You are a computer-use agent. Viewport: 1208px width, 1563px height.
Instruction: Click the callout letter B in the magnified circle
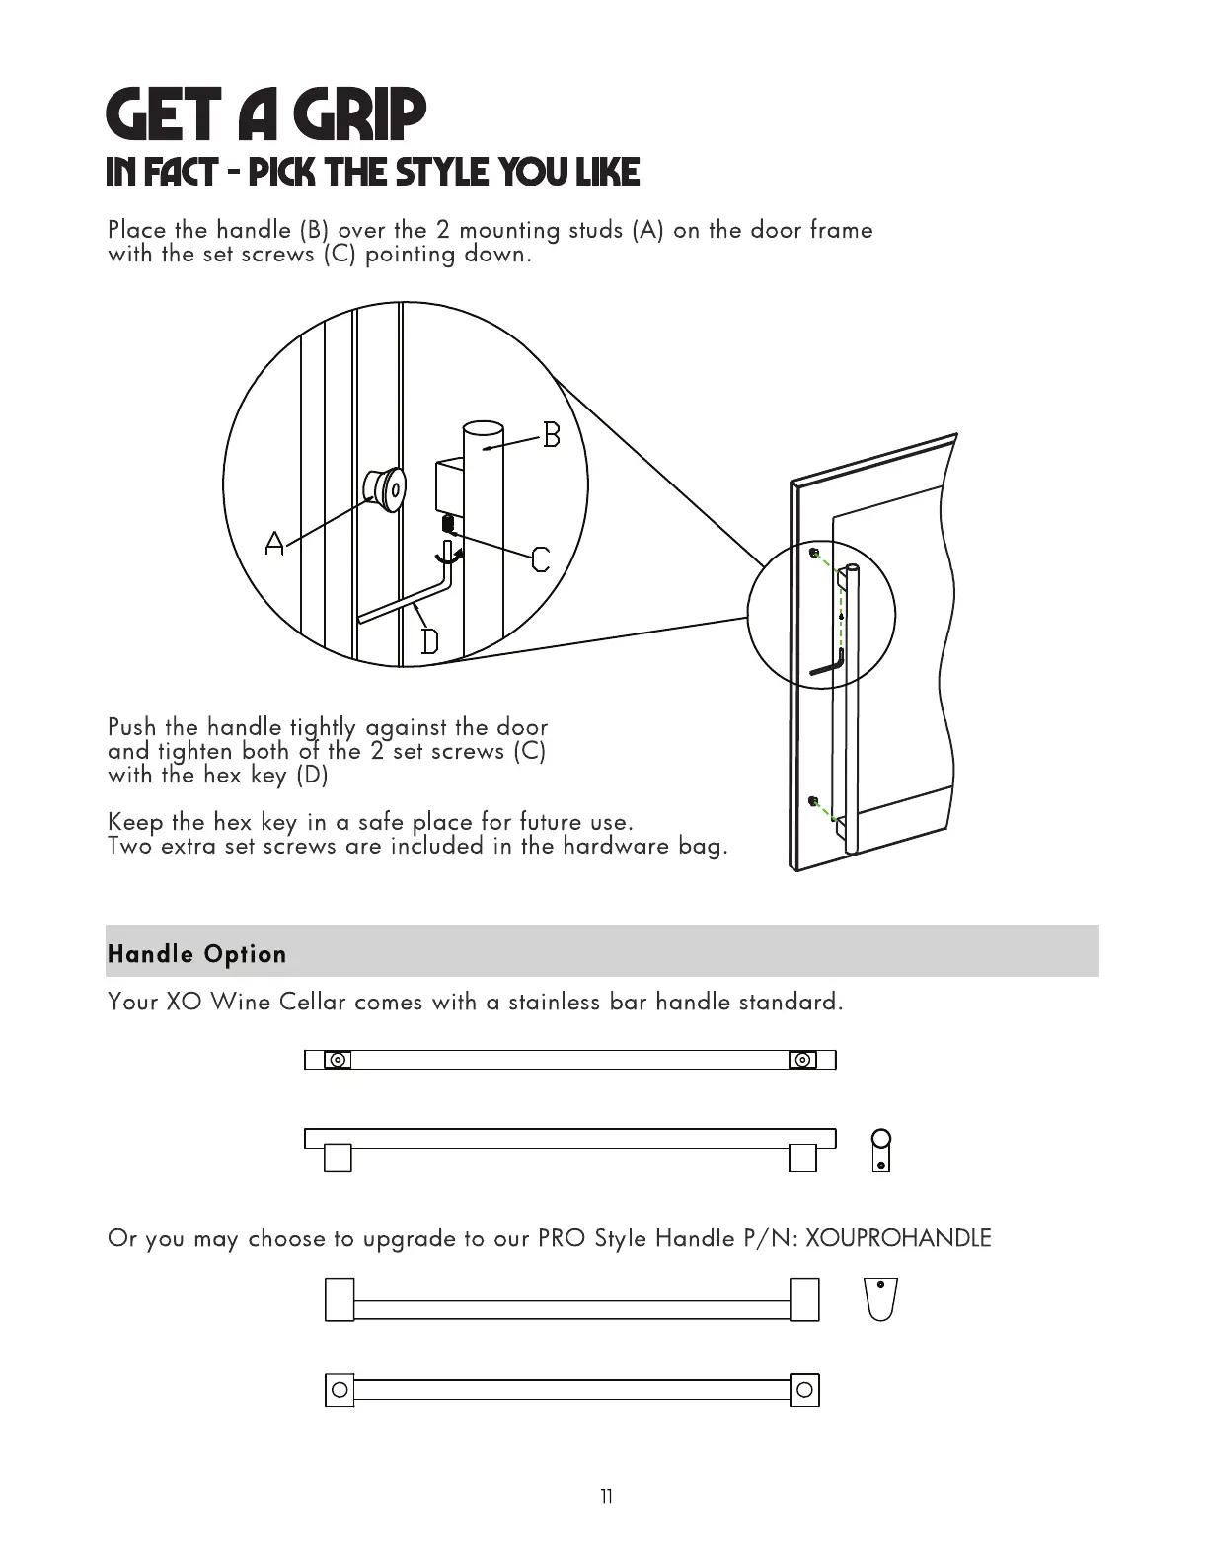pyautogui.click(x=552, y=434)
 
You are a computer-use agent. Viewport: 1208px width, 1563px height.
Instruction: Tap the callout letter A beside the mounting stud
pyautogui.click(x=274, y=543)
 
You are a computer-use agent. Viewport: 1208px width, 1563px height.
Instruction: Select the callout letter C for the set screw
pyautogui.click(x=540, y=560)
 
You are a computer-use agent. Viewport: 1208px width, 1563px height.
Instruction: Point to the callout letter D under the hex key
pyautogui.click(x=430, y=642)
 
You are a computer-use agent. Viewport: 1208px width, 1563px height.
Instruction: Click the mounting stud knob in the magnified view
pyautogui.click(x=384, y=488)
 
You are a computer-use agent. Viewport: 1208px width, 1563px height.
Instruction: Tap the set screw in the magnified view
pyautogui.click(x=447, y=521)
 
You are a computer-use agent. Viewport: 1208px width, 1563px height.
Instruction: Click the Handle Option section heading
pyautogui.click(x=197, y=954)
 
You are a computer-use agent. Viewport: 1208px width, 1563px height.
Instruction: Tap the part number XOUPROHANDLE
pyautogui.click(x=898, y=1238)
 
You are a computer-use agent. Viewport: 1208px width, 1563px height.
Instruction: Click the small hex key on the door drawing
pyautogui.click(x=827, y=665)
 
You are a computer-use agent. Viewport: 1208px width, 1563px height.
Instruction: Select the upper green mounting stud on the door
pyautogui.click(x=813, y=554)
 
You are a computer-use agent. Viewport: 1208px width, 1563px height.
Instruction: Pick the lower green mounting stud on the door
pyautogui.click(x=813, y=800)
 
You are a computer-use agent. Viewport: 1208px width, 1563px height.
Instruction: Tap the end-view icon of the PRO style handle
pyautogui.click(x=879, y=1299)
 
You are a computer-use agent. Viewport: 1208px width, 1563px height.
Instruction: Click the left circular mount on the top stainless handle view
pyautogui.click(x=338, y=1060)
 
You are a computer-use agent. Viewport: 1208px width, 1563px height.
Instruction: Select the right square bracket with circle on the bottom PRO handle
pyautogui.click(x=804, y=1390)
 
